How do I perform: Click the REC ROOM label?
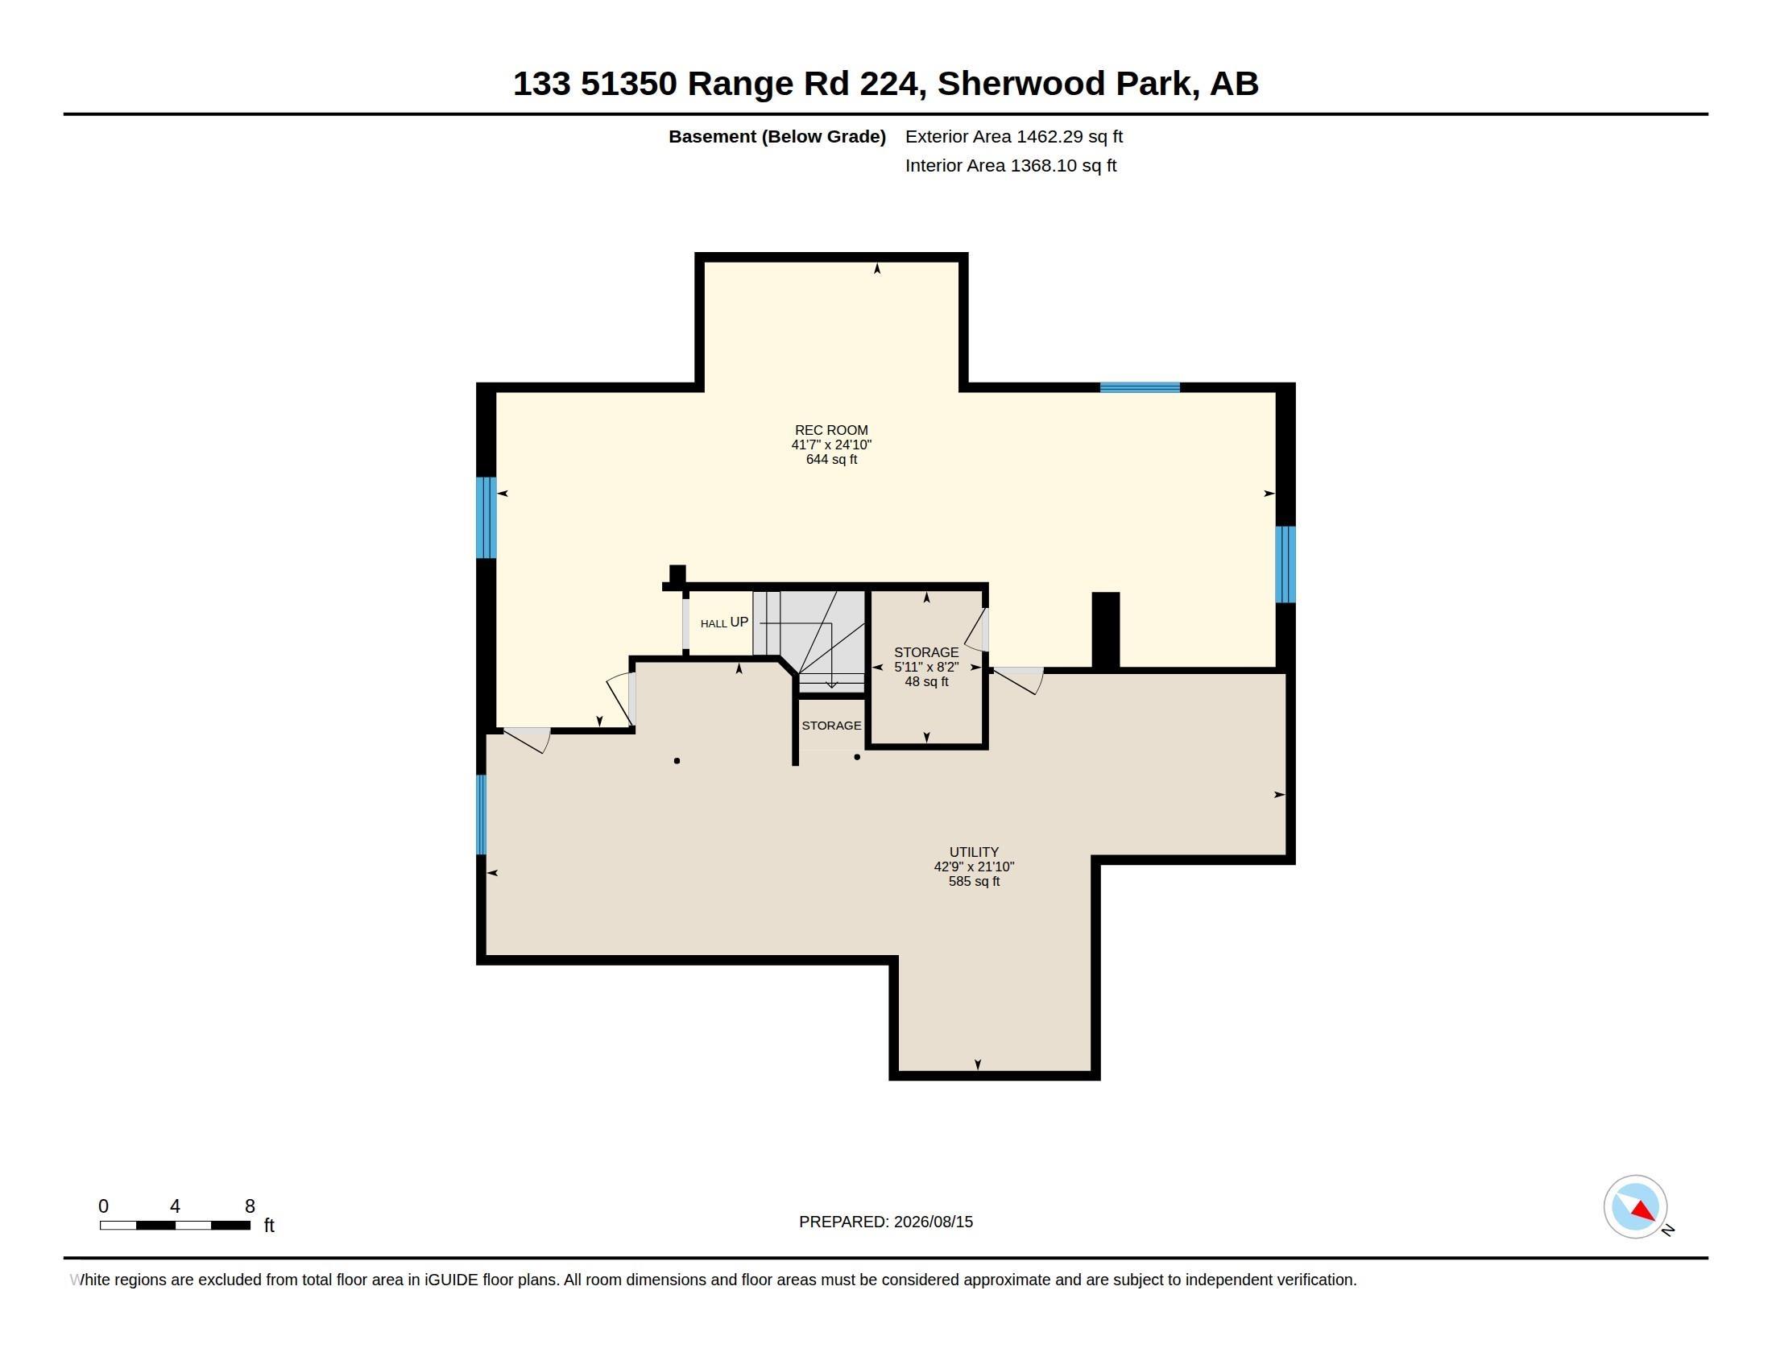pos(831,430)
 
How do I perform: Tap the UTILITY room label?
pos(974,851)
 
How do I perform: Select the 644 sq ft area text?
pos(831,459)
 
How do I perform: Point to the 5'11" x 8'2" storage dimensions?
pos(926,667)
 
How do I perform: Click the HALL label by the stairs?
pos(713,623)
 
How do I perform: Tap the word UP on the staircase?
pos(739,622)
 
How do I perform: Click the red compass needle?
pos(1644,1211)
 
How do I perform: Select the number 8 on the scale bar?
pos(250,1206)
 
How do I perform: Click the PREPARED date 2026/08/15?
pos(933,1222)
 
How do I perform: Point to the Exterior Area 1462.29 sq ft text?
pos(1013,136)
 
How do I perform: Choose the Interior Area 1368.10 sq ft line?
pos(1010,165)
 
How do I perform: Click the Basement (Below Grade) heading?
pos(776,136)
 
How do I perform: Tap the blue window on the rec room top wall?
pos(1139,387)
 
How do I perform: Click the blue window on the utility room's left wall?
pos(481,814)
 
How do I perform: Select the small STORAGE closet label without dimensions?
pos(831,725)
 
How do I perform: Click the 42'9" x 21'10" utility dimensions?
pos(974,866)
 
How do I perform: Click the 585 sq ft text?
pos(974,881)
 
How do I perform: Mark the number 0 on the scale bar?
pos(103,1206)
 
